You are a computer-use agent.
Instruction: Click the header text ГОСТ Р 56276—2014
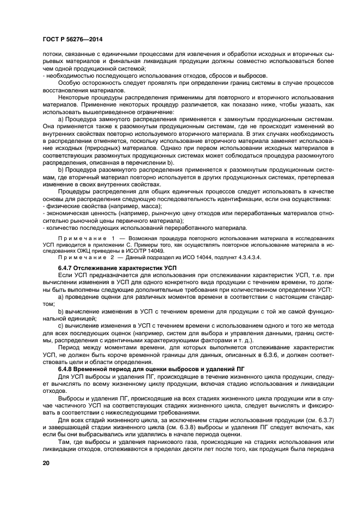(73, 40)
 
